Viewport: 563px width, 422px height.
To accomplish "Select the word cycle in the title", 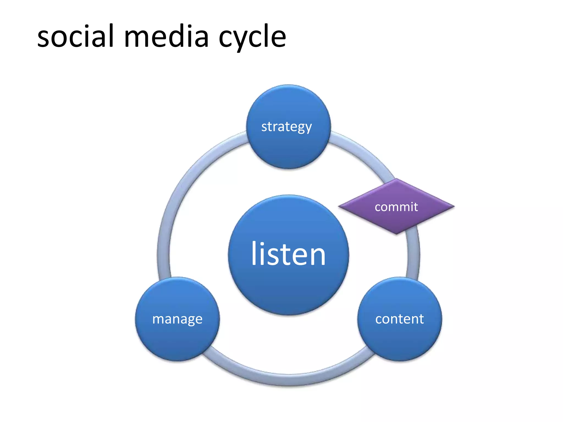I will click(x=252, y=37).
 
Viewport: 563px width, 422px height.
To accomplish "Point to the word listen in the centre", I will click(x=288, y=254).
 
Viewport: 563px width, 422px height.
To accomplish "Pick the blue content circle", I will click(x=399, y=338).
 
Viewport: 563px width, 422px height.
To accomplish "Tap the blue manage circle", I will click(x=177, y=338).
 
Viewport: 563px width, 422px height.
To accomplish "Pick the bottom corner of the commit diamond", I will click(x=396, y=233).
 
